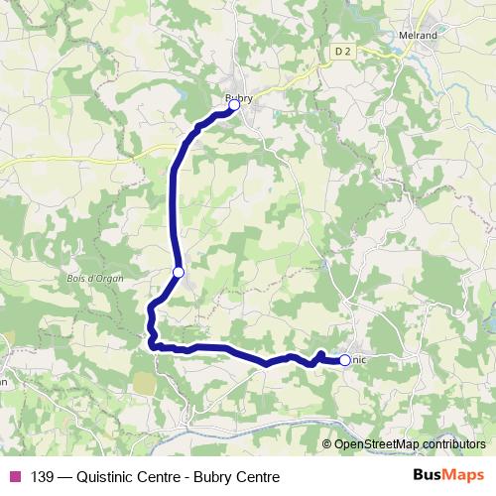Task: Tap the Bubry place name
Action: click(239, 95)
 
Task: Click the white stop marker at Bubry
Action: click(234, 104)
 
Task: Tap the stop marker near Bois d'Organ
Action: click(179, 272)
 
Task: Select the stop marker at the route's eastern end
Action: click(344, 360)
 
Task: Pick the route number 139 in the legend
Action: click(43, 476)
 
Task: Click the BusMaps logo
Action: click(448, 475)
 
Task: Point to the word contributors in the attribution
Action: click(452, 444)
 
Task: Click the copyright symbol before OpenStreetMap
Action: click(327, 444)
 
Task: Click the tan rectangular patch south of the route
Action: click(144, 382)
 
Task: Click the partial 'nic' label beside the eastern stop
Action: click(359, 360)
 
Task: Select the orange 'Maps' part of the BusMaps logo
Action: click(465, 475)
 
